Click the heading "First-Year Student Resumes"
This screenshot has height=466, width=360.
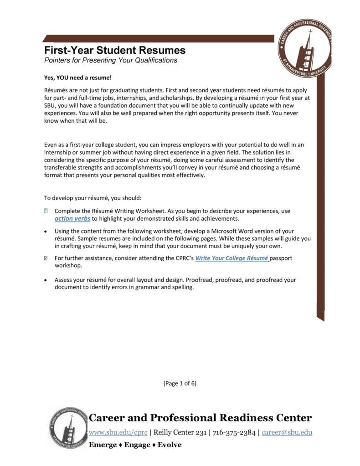tap(114, 50)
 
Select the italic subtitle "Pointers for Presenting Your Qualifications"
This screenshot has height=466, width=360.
tap(110, 60)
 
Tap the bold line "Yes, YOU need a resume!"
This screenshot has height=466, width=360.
tap(77, 78)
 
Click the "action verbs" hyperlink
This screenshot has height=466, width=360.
tap(69, 218)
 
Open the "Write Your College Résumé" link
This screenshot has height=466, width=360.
tap(232, 258)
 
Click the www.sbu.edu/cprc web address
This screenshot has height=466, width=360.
tap(118, 432)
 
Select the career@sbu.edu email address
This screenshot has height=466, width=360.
tap(287, 432)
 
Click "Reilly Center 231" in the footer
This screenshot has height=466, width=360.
tap(179, 432)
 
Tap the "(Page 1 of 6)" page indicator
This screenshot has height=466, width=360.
tap(180, 383)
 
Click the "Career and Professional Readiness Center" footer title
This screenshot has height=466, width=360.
tap(200, 418)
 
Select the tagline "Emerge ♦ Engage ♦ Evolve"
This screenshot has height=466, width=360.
tap(135, 445)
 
